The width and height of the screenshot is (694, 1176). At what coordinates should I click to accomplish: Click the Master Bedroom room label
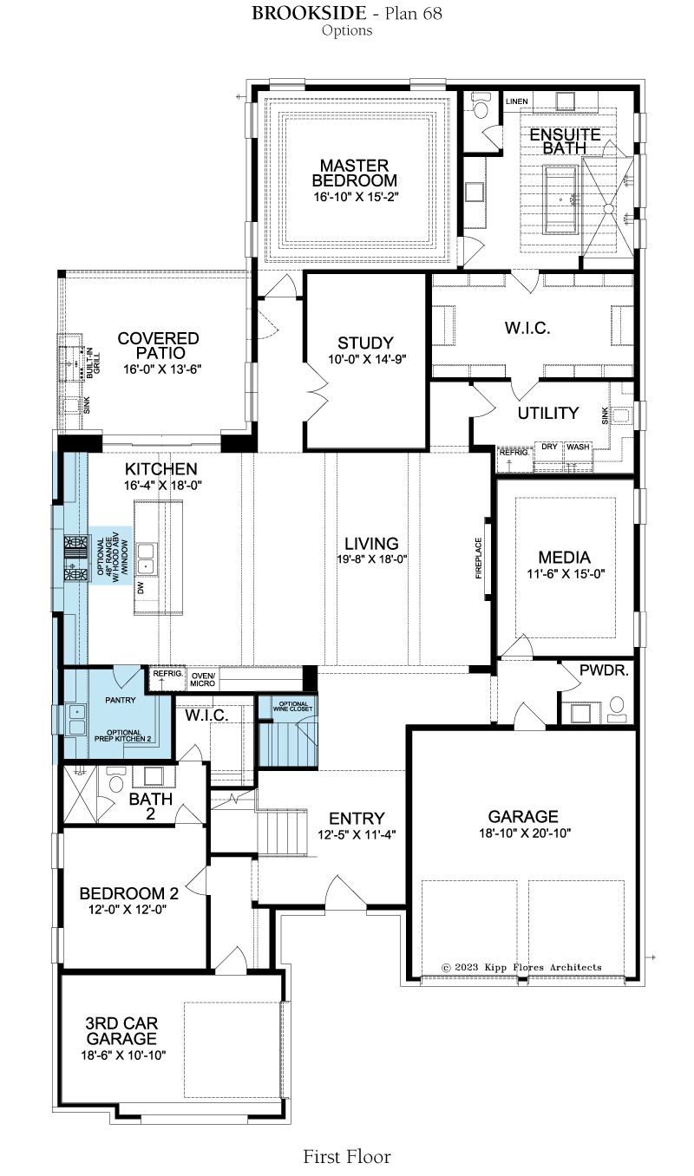tap(354, 173)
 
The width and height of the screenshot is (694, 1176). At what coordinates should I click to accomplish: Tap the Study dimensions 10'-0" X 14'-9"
tap(368, 359)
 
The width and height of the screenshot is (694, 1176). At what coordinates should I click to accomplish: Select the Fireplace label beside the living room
tap(479, 558)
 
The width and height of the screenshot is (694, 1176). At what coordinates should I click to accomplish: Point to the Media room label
tap(565, 557)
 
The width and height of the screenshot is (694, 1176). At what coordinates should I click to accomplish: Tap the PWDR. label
tap(604, 670)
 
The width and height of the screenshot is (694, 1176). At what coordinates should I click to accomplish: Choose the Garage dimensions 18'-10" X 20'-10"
tap(525, 833)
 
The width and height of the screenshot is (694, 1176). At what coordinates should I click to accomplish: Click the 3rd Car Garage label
tap(121, 1030)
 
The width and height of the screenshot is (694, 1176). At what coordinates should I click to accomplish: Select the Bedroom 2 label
tap(129, 893)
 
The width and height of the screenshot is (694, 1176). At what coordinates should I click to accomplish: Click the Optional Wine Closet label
tap(293, 707)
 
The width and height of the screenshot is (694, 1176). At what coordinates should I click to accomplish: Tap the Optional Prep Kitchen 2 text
tap(123, 735)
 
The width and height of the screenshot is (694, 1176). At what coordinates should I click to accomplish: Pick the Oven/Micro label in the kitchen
tap(203, 679)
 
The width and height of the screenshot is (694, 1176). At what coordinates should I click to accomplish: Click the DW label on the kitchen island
tap(141, 588)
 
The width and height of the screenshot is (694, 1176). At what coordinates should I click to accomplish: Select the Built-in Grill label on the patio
tap(93, 363)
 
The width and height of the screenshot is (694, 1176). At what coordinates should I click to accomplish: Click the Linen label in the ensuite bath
tap(516, 101)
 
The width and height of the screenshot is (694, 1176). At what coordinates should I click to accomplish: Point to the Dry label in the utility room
tap(549, 447)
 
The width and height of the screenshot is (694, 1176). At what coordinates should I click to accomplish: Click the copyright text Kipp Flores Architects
tap(522, 967)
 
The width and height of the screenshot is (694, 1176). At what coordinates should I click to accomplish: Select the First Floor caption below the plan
tap(347, 1157)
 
